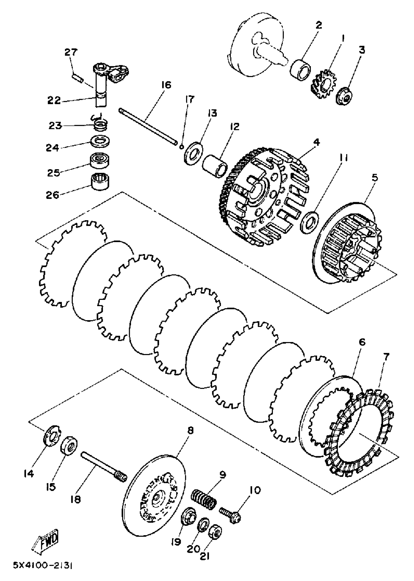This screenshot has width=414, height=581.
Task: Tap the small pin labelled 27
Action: pos(77,78)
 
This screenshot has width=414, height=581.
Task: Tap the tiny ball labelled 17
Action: pos(181,147)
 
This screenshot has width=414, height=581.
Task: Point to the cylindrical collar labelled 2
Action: pos(301,70)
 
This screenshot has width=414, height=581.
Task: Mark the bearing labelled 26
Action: pos(100,181)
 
